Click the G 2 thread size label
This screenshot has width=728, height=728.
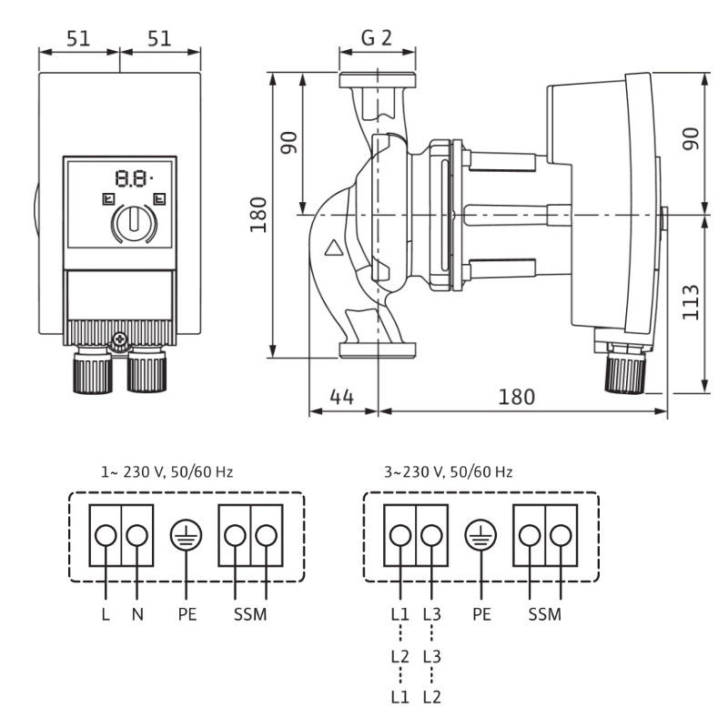pos(377,40)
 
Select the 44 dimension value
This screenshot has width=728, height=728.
pos(342,398)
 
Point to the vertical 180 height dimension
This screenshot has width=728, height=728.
pos(259,216)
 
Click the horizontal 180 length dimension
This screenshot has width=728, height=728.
pos(516,398)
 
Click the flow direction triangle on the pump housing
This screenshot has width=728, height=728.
pos(335,246)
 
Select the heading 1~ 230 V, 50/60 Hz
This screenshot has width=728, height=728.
pos(167,472)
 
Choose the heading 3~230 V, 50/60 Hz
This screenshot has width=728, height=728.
pos(449,472)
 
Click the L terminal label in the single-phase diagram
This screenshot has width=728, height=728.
pos(106,614)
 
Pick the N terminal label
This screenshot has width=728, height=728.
pos(137,614)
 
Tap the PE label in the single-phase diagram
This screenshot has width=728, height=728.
pos(187,614)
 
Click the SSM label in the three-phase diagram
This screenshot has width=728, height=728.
pos(545,614)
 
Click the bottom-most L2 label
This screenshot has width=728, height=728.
pos(431,698)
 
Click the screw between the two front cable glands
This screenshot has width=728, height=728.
pos(118,342)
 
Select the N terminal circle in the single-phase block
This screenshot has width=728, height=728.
pos(137,535)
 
